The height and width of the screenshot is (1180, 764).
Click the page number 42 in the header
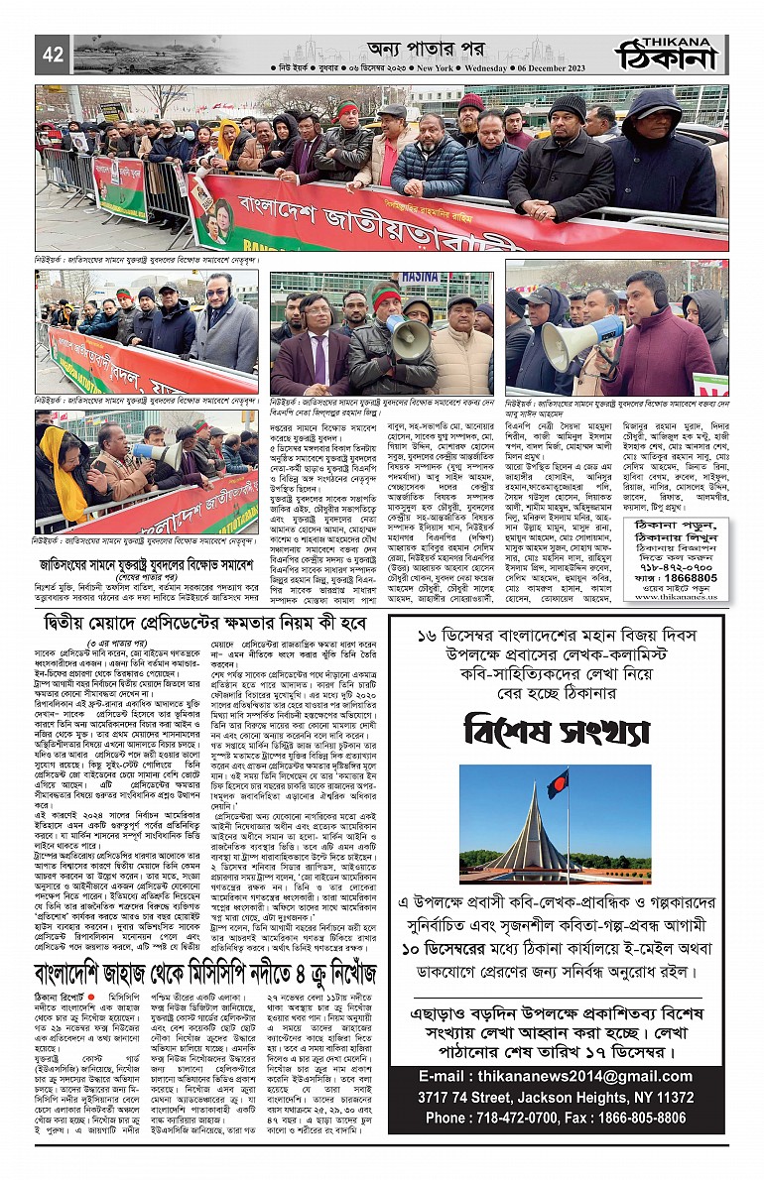point(52,56)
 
